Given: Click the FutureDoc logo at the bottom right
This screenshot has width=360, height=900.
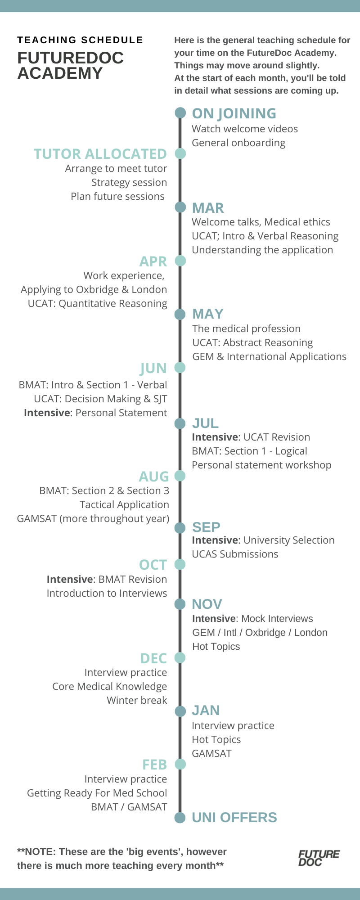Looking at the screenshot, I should tap(319, 858).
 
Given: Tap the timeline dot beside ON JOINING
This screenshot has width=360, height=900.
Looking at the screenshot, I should tap(180, 112).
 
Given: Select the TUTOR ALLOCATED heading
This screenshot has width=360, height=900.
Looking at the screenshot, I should tap(100, 154).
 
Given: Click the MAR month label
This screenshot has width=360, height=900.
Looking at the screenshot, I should tap(207, 208).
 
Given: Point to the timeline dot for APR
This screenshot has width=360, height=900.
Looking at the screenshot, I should tap(180, 261).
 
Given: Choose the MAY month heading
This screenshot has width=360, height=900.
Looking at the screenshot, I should tap(207, 314).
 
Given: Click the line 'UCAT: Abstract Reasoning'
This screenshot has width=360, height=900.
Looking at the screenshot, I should tap(252, 342).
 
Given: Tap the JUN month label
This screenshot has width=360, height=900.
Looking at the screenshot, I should tap(153, 368).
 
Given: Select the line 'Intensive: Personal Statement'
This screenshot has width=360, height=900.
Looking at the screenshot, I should tap(95, 413).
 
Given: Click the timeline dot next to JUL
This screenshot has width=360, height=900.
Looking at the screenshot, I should tap(180, 423).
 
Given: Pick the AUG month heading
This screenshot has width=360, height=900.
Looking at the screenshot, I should tap(154, 476).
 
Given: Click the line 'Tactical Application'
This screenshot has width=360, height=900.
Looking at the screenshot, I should tap(124, 504).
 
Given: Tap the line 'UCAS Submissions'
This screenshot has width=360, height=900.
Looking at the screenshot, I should tap(235, 554).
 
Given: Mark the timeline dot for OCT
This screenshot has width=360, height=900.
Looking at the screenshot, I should tap(180, 564).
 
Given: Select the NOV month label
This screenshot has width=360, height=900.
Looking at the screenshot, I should tap(207, 604).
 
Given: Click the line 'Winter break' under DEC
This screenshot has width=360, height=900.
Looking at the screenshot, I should tap(137, 700).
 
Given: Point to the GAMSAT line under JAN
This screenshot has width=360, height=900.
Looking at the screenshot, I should tap(211, 753).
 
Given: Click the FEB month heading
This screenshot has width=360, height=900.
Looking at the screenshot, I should tap(154, 764).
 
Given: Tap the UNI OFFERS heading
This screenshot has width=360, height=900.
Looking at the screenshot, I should tap(234, 817).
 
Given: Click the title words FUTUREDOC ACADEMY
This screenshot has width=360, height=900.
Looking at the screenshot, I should tap(70, 65).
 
